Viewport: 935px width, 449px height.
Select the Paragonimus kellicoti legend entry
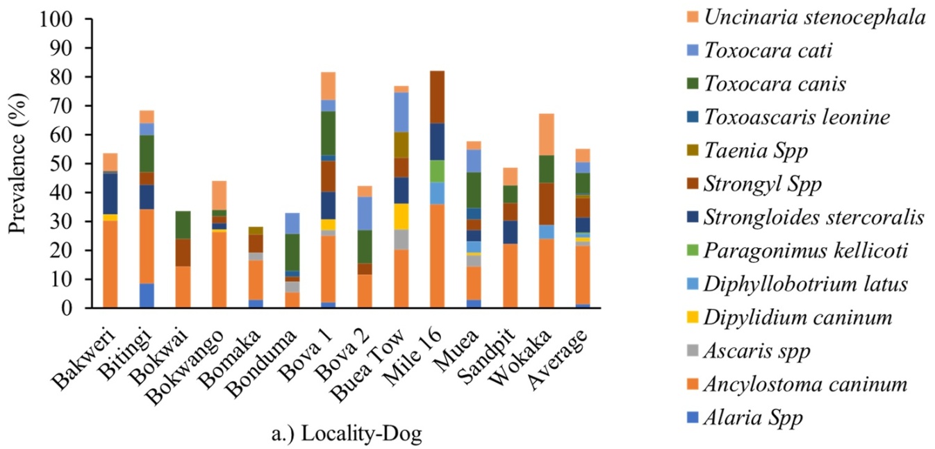click(797, 251)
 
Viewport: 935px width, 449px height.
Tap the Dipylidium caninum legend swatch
click(693, 318)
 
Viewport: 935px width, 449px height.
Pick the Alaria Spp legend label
click(754, 417)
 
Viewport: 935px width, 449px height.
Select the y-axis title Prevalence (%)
click(18, 163)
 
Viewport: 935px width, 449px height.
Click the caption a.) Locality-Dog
click(347, 434)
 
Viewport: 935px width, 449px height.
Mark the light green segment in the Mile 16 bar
click(437, 171)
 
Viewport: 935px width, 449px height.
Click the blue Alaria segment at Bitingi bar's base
click(147, 296)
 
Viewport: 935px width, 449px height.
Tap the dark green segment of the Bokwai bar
click(183, 225)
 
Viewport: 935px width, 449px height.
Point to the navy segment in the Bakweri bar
click(110, 194)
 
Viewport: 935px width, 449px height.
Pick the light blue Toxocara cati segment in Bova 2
click(365, 214)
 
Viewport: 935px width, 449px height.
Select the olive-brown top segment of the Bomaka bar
click(256, 230)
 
